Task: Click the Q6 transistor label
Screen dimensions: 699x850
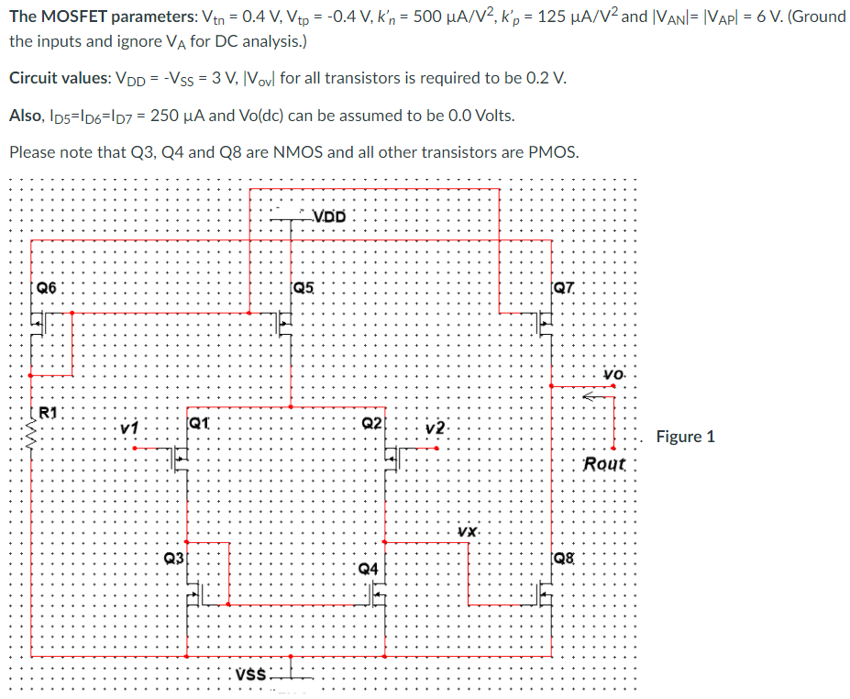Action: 46,288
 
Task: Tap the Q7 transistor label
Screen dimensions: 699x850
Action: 564,288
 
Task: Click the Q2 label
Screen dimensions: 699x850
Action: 372,423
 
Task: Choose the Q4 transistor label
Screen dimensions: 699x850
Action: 369,569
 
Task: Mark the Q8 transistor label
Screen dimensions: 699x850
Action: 564,558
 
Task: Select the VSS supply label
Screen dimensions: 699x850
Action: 251,675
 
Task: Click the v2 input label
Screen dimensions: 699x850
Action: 436,427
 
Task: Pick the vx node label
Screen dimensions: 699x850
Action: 467,531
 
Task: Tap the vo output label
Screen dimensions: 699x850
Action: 613,374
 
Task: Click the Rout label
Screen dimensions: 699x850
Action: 604,464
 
